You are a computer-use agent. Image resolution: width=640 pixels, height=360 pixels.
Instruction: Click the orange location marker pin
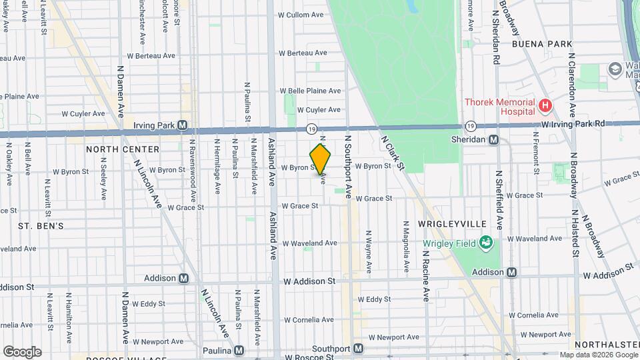321,159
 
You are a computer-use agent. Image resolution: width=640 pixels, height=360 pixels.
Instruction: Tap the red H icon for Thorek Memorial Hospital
545,105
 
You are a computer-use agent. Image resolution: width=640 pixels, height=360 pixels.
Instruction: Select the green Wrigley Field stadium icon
485,243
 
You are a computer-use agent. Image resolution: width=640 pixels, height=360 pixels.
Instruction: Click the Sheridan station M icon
494,139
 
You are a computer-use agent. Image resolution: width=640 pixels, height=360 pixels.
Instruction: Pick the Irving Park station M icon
181,125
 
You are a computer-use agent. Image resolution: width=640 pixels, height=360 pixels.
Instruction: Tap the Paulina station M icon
239,350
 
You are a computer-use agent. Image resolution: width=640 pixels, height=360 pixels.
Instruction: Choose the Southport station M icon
359,348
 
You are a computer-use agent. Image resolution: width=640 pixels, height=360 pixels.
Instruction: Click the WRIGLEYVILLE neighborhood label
451,224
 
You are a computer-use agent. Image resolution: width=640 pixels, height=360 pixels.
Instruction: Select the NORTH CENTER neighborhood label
123,149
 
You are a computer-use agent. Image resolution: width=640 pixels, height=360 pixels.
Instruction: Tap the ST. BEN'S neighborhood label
41,226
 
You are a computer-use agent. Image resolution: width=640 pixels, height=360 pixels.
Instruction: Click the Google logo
22,351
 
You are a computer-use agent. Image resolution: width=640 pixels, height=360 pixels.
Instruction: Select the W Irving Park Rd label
573,123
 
